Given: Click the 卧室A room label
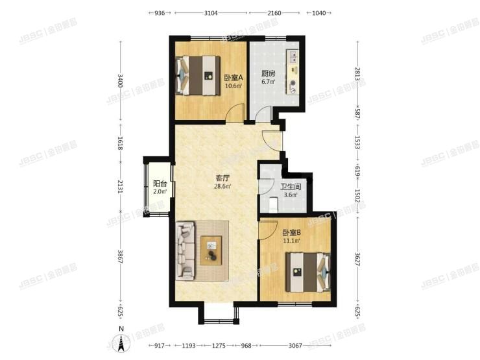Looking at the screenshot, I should (x=234, y=77).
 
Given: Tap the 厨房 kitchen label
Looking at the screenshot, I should (x=269, y=73).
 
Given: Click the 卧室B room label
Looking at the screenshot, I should (x=291, y=232).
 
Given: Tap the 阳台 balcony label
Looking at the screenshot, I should (x=160, y=183).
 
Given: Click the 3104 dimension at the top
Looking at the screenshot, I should (x=210, y=12).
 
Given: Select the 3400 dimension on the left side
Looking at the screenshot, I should (x=120, y=81).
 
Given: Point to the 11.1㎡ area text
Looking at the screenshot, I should (x=291, y=241).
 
